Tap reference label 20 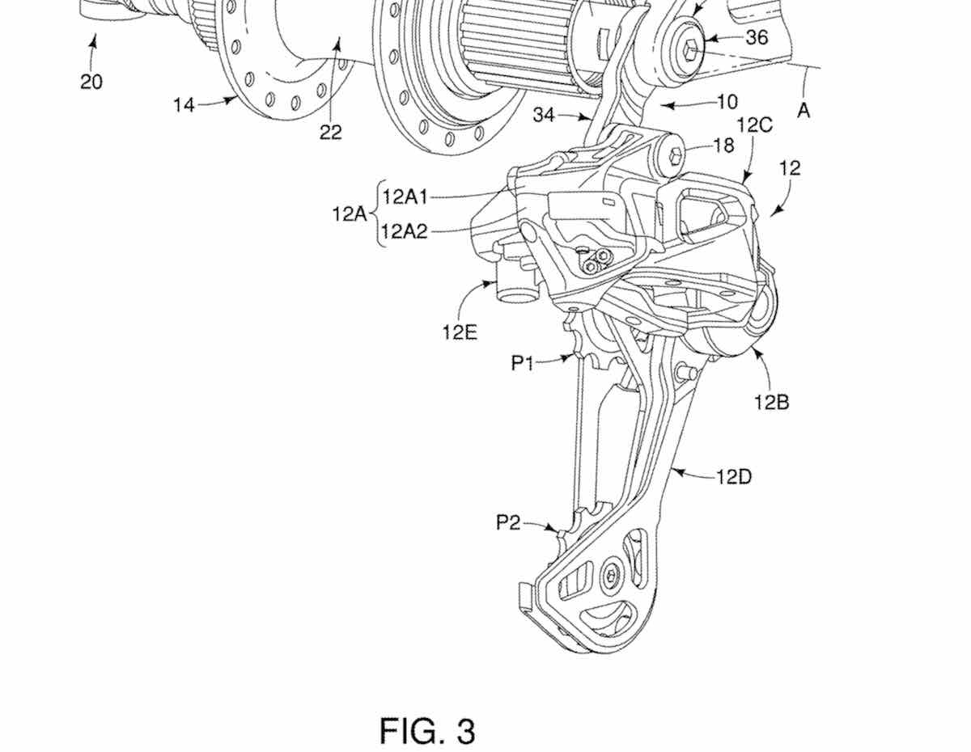coord(91,82)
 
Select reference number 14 coord(184,105)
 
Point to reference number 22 coord(331,132)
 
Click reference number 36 coord(757,37)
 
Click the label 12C coord(755,125)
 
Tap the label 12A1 coord(405,197)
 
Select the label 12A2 coord(404,231)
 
